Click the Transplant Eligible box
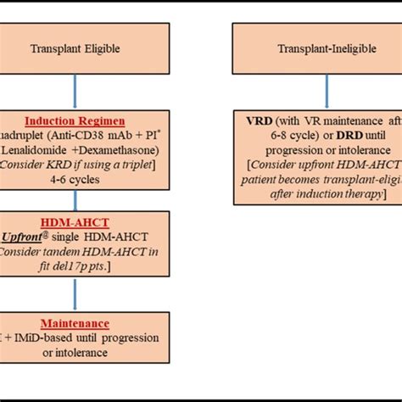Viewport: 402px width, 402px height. [74, 48]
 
